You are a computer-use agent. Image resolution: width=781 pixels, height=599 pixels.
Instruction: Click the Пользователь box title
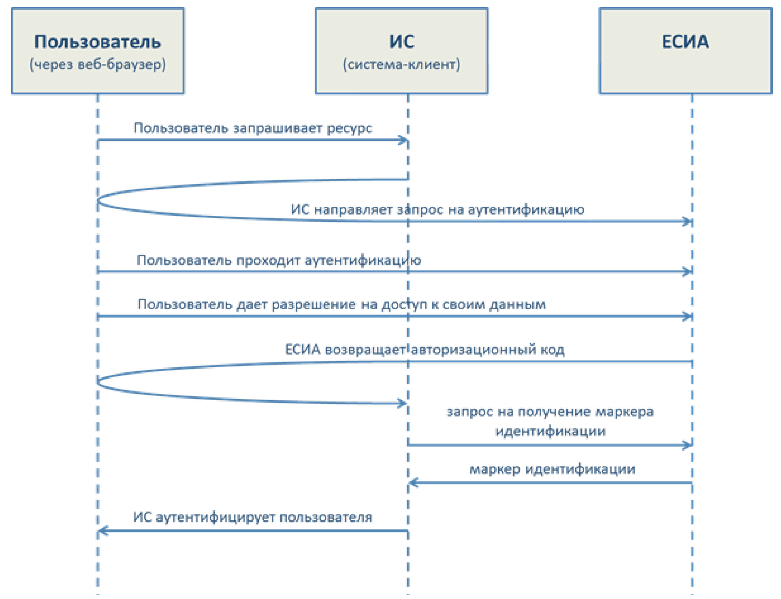pos(97,42)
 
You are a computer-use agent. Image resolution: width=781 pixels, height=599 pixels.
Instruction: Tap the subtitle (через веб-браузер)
pos(98,64)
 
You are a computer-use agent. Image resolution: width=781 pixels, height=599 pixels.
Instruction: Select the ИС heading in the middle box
pos(402,42)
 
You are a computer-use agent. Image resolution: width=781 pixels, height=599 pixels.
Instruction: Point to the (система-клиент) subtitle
pos(401,64)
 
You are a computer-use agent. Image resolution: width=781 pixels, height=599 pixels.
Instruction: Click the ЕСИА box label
pos(685,42)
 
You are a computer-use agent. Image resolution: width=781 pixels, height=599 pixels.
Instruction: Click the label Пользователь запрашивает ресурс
pos(253,128)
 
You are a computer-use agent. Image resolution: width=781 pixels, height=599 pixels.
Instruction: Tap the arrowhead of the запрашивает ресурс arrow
pos(403,140)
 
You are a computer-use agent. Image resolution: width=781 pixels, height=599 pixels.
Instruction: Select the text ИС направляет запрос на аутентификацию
pos(437,209)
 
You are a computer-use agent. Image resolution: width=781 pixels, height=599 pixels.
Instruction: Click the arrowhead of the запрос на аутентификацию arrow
pos(687,221)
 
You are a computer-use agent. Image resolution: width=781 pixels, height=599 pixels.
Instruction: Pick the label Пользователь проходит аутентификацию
pos(279,260)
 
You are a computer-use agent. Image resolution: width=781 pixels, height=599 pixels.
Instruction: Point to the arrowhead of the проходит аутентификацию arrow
pos(687,271)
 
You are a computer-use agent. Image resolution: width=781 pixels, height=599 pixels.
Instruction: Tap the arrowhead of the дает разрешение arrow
pos(687,316)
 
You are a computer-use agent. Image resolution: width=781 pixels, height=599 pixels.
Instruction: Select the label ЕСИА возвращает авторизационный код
pos(425,350)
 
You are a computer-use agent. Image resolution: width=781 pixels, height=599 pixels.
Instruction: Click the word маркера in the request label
pos(626,412)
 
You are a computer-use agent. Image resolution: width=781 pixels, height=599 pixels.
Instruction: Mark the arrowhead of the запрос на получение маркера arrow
pos(687,445)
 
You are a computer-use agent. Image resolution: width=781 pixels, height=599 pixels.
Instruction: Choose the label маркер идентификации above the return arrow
pos(552,469)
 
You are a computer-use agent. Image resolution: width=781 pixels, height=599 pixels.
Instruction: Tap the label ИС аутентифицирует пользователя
pos(252,517)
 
